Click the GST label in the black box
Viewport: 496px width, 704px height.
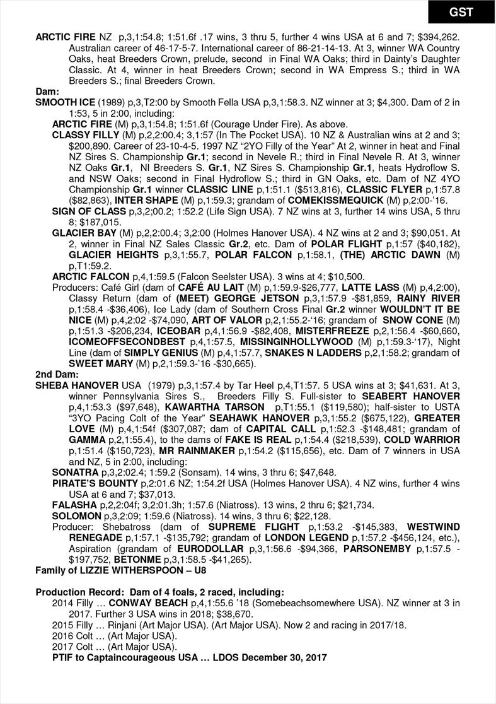tap(461, 13)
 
